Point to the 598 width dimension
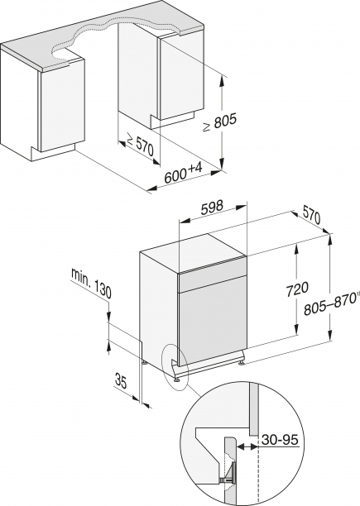214,211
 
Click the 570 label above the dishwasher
311,217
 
